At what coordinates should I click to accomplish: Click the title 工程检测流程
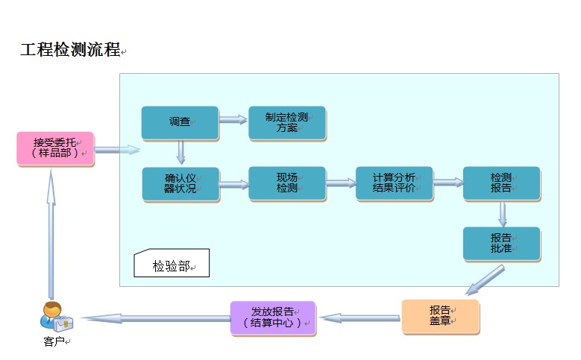pos(70,51)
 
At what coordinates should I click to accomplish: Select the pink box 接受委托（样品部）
pos(56,148)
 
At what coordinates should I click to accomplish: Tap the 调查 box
pos(180,123)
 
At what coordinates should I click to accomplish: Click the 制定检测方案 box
pos(287,123)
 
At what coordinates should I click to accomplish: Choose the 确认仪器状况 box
pos(180,183)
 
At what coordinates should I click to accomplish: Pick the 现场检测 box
pos(287,183)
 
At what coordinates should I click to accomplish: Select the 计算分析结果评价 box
pos(394,183)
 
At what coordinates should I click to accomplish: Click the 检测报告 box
pos(500,183)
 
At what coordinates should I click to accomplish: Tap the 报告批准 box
pos(500,244)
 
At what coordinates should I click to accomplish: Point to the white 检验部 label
pos(172,264)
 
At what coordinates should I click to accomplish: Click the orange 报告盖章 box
pos(440,317)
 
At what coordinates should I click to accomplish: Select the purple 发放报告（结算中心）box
pos(273,318)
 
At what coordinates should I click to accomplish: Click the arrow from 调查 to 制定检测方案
pos(233,119)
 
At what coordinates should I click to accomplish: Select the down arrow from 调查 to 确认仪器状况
pos(180,153)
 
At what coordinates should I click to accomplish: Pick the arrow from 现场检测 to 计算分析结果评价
pos(341,183)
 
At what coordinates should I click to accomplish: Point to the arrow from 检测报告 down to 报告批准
pos(502,214)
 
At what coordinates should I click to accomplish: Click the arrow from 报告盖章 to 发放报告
pos(359,318)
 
